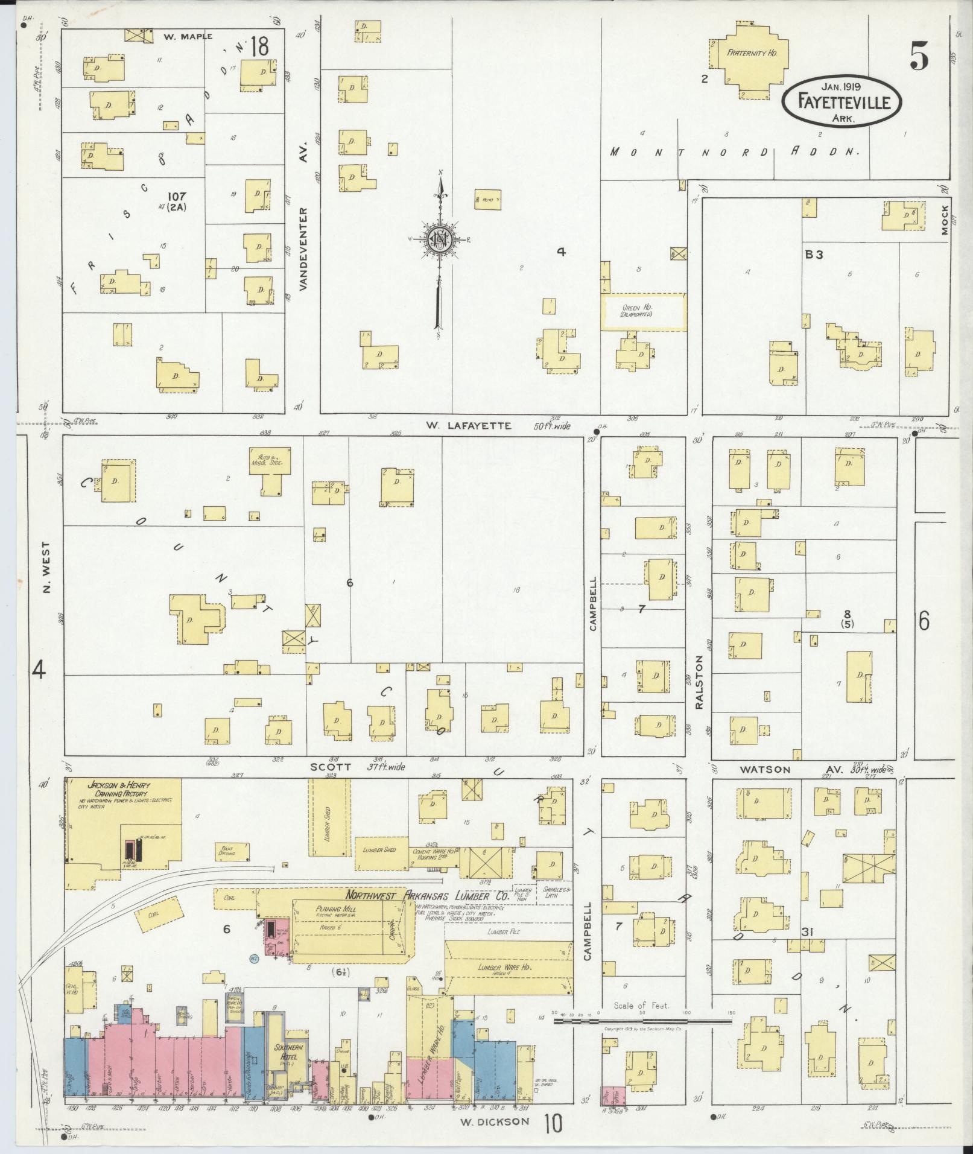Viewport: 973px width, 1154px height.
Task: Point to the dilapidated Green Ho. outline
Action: tap(644, 312)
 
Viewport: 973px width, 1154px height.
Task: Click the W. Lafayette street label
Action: tap(468, 426)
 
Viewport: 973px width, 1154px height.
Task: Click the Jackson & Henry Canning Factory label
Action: tap(118, 790)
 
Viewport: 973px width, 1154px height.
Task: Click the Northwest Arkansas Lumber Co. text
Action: tap(427, 895)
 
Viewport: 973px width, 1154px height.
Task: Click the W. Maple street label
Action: tap(188, 36)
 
